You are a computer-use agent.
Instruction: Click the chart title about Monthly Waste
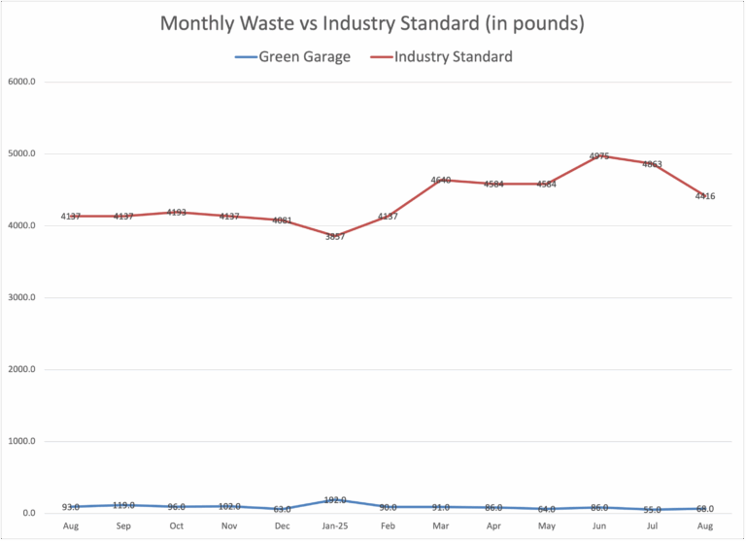coord(373,23)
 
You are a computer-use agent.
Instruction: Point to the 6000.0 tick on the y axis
coord(21,82)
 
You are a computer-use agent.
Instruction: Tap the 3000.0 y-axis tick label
coord(21,298)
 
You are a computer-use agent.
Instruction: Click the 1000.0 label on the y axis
coord(21,442)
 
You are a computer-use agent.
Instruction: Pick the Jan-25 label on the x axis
coord(336,524)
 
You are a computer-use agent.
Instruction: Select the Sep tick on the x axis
coord(123,524)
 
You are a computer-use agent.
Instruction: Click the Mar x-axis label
coord(442,524)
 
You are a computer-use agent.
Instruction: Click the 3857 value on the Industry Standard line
coord(336,237)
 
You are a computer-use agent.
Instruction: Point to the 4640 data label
coord(442,181)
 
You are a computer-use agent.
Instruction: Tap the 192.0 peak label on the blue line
coord(336,500)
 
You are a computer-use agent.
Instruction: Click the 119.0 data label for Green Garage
coord(123,505)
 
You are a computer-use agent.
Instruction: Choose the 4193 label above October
coord(177,213)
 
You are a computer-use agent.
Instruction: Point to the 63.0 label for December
coord(283,509)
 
